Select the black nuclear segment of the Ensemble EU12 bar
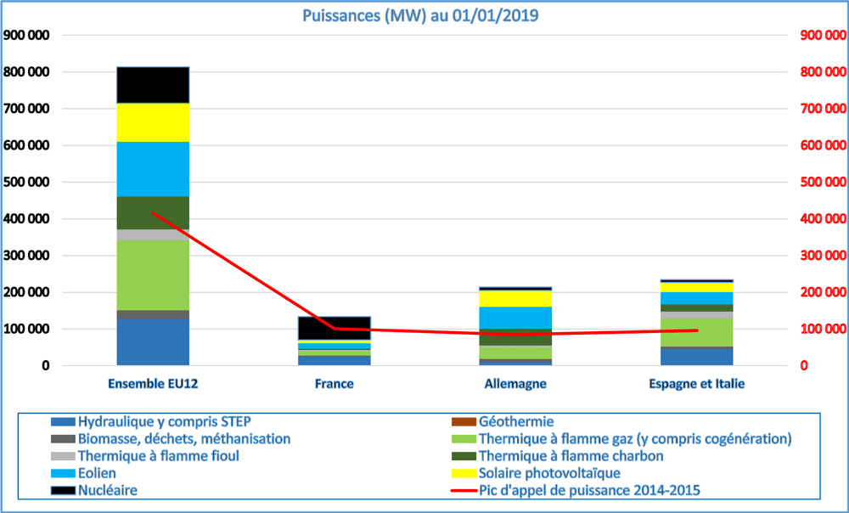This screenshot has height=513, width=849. tap(153, 84)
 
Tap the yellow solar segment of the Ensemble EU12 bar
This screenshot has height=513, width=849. tap(153, 122)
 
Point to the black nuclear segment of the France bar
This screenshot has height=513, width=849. tap(334, 328)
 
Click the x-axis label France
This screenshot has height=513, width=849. tap(334, 384)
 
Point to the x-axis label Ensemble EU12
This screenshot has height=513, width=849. tap(153, 384)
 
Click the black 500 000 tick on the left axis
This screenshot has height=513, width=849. tap(27, 183)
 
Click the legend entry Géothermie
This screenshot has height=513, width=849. tap(515, 421)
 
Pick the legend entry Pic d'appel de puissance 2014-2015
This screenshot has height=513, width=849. tap(593, 489)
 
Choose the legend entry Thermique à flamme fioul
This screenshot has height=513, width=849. tap(158, 455)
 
